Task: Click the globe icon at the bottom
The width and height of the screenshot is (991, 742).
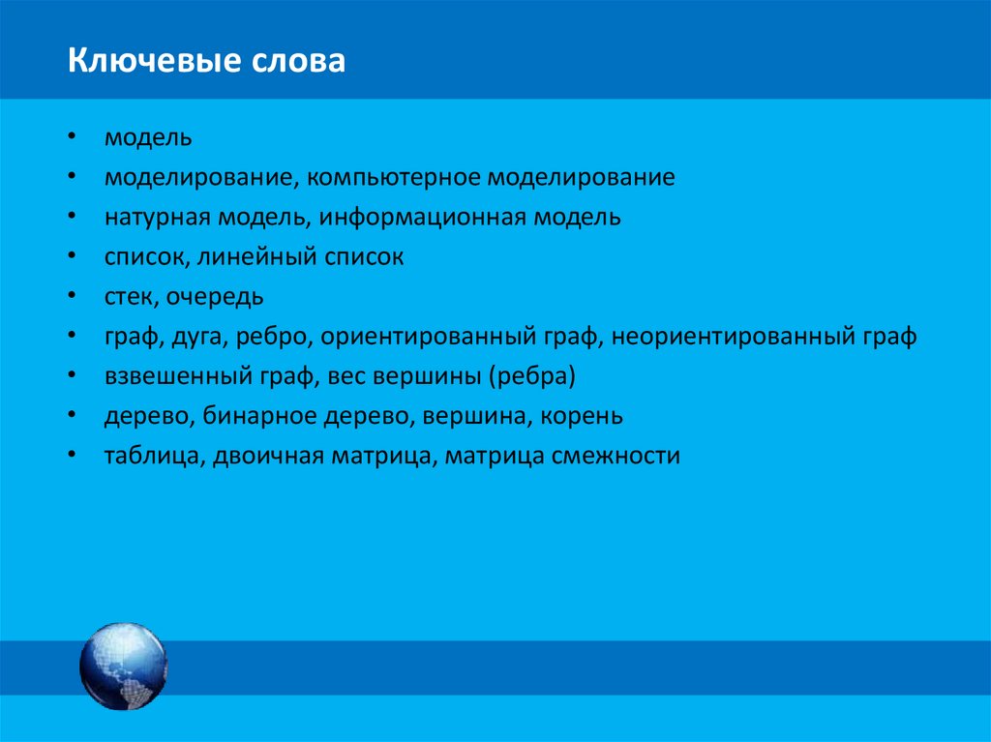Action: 123,667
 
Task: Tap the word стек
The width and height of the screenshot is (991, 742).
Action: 128,297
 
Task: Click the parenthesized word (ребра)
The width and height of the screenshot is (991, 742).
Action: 534,376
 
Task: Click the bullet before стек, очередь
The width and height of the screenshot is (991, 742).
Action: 74,297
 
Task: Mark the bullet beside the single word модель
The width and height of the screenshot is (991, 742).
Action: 74,137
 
